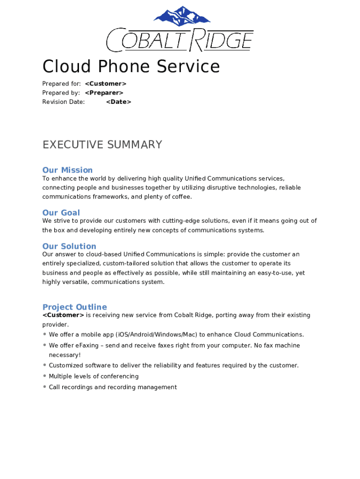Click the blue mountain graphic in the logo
coord(182,17)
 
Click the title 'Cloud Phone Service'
coord(131,66)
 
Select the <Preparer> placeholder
coord(104,93)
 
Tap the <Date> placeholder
coord(119,102)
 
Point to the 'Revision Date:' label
coord(64,102)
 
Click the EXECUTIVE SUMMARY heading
coord(102,145)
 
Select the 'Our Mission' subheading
coord(67,170)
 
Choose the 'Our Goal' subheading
coord(61,212)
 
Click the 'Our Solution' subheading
coord(69,246)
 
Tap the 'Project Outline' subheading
coord(75,307)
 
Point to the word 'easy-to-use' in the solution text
coord(274,273)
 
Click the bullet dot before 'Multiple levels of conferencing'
coord(44,376)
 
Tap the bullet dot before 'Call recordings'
coord(44,386)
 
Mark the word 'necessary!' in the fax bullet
coord(65,355)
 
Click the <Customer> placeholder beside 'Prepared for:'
coord(106,84)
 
